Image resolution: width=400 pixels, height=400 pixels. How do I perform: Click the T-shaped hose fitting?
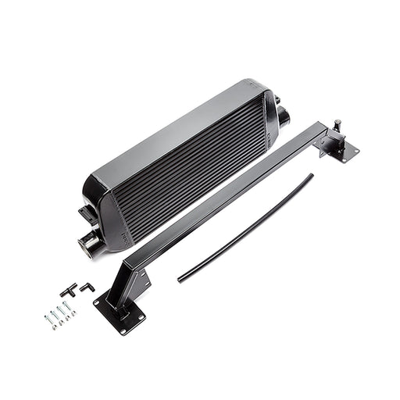pos(69,290)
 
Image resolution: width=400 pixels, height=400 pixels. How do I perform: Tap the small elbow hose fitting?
pos(87,287)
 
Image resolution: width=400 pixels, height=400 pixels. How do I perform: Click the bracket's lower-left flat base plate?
pos(119,316)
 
